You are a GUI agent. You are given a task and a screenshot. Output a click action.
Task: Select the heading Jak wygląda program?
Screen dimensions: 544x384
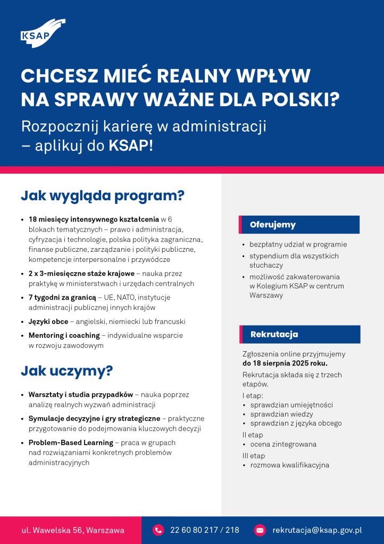pos(102,195)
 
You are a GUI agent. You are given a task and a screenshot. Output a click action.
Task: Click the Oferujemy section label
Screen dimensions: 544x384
pos(273,225)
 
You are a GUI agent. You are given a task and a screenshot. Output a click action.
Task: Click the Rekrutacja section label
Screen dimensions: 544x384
pos(274,334)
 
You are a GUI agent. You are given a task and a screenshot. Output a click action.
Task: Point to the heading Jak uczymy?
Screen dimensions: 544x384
pos(66,371)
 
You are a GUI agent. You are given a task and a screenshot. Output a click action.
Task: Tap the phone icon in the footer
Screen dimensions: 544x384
pos(158,530)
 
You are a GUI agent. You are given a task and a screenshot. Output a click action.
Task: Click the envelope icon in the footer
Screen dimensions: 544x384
pos(260,530)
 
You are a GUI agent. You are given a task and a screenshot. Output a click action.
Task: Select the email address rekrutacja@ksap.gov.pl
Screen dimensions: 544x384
pos(317,530)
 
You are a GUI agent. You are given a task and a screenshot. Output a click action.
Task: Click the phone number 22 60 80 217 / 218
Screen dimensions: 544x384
pos(205,530)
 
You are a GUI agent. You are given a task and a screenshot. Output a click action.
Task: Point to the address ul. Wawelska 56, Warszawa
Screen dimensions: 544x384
pos(73,530)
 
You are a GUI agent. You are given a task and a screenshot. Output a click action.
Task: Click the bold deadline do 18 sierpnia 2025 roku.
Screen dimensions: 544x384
pos(285,364)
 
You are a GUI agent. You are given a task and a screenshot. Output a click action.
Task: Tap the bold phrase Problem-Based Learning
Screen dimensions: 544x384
pos(71,443)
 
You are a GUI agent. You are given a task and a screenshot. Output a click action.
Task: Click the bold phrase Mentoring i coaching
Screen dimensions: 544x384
pos(64,336)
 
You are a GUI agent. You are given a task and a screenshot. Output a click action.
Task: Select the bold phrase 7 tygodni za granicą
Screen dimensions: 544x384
pos(62,297)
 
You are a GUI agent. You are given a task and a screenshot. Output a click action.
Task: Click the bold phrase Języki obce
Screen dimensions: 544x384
pos(48,322)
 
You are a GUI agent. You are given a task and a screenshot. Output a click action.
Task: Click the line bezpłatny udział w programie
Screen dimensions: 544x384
pos(298,245)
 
